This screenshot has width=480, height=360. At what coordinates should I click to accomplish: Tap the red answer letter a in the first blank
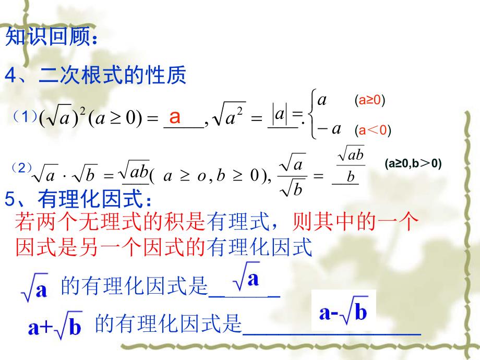(176, 117)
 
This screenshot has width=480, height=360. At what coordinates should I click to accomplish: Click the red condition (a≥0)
(369, 100)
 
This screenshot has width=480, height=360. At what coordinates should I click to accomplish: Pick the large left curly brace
(313, 114)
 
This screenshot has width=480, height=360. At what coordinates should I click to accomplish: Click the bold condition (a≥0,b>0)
(413, 164)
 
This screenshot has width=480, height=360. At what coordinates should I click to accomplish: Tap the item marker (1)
(25, 117)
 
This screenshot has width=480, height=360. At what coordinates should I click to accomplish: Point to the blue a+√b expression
(55, 327)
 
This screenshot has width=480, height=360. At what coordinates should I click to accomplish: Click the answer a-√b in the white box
(343, 312)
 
